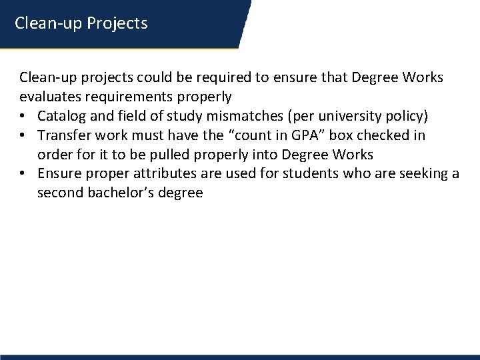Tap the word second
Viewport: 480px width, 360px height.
(x=59, y=193)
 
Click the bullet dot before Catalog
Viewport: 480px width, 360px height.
(x=25, y=117)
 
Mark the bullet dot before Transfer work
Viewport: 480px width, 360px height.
(x=25, y=136)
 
